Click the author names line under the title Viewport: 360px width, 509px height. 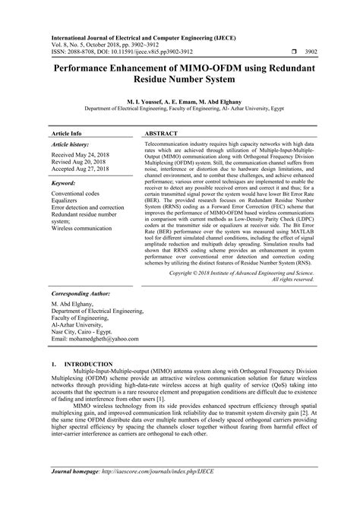pyautogui.click(x=180, y=100)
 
